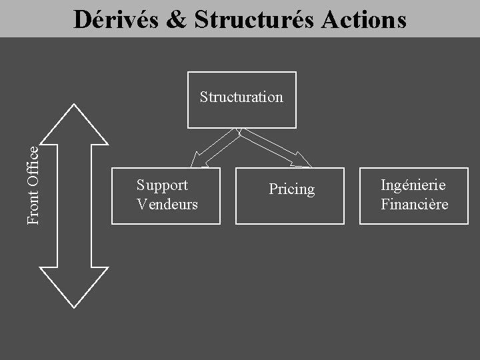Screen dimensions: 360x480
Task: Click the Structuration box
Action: point(241,115)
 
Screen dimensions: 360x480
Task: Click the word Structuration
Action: point(241,97)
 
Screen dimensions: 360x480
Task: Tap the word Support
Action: point(162,185)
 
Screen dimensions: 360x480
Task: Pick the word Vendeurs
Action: point(167,204)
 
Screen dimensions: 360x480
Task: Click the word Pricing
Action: point(291,189)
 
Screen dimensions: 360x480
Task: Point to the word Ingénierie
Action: point(413,185)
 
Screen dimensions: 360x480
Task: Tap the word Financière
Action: point(414,204)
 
